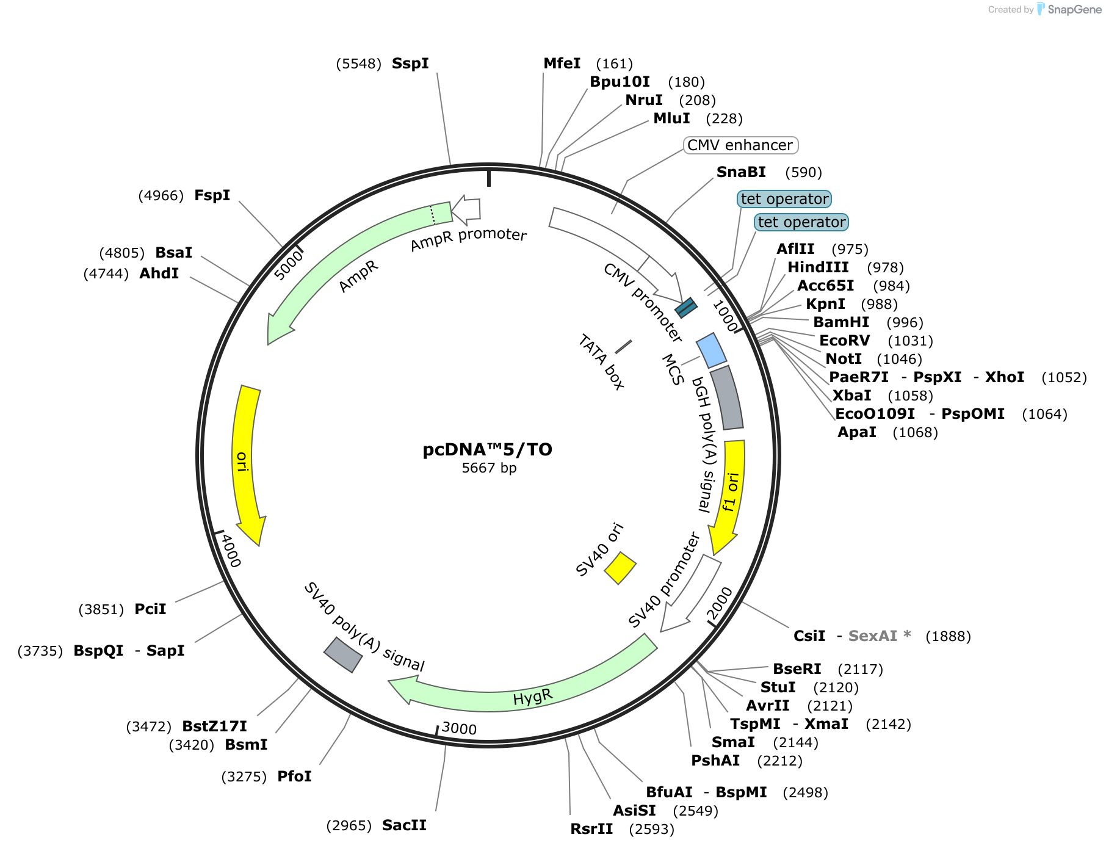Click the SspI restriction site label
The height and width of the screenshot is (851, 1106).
pyautogui.click(x=410, y=63)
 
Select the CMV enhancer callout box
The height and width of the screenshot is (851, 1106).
pyautogui.click(x=740, y=145)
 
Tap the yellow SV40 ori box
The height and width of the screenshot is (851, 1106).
pyautogui.click(x=620, y=568)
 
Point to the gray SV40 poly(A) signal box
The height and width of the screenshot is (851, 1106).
pyautogui.click(x=343, y=655)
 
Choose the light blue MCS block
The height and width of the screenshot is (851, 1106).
pyautogui.click(x=712, y=350)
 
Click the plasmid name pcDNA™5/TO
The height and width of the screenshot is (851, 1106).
pyautogui.click(x=487, y=450)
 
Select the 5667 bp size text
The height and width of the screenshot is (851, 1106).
pyautogui.click(x=489, y=468)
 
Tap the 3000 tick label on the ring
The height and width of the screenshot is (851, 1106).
pyautogui.click(x=459, y=728)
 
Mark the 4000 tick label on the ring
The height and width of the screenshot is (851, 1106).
pyautogui.click(x=231, y=551)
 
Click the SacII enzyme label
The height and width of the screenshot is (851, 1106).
pyautogui.click(x=404, y=825)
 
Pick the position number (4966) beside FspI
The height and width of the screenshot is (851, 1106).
pyautogui.click(x=161, y=195)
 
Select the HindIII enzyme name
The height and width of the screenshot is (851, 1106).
pyautogui.click(x=818, y=267)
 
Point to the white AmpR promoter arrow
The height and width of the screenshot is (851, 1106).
pyautogui.click(x=466, y=209)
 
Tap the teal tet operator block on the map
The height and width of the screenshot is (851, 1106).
pyautogui.click(x=686, y=308)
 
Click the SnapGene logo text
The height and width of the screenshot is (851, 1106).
pyautogui.click(x=1074, y=9)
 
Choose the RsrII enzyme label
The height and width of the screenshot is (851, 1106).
pyautogui.click(x=591, y=829)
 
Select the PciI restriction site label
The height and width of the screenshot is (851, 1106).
pyautogui.click(x=150, y=609)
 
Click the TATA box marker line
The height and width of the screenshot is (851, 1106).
pyautogui.click(x=623, y=347)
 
